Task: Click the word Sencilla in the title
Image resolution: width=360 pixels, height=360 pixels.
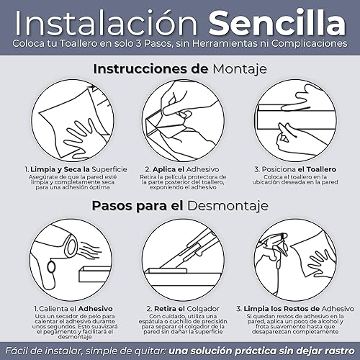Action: tap(277, 23)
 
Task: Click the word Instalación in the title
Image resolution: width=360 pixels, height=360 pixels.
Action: tap(107, 23)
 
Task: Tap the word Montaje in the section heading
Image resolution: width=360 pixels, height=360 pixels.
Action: tap(240, 70)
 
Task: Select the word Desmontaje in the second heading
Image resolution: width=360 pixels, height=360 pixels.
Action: tap(228, 206)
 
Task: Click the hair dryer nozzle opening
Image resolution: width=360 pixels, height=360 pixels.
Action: tap(71, 246)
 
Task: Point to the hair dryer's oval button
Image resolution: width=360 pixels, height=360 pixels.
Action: tap(51, 267)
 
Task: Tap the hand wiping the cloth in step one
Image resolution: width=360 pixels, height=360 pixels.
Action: tap(81, 139)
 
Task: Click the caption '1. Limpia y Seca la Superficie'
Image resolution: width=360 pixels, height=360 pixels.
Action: tap(76, 169)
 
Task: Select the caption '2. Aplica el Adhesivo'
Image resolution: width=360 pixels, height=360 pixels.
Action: tap(182, 169)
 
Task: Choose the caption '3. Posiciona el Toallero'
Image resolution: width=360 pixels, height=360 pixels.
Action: tap(295, 169)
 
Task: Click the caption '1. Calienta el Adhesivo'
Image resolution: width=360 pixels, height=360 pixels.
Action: tap(73, 309)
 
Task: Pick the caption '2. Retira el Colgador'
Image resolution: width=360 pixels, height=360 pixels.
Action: tap(183, 309)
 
